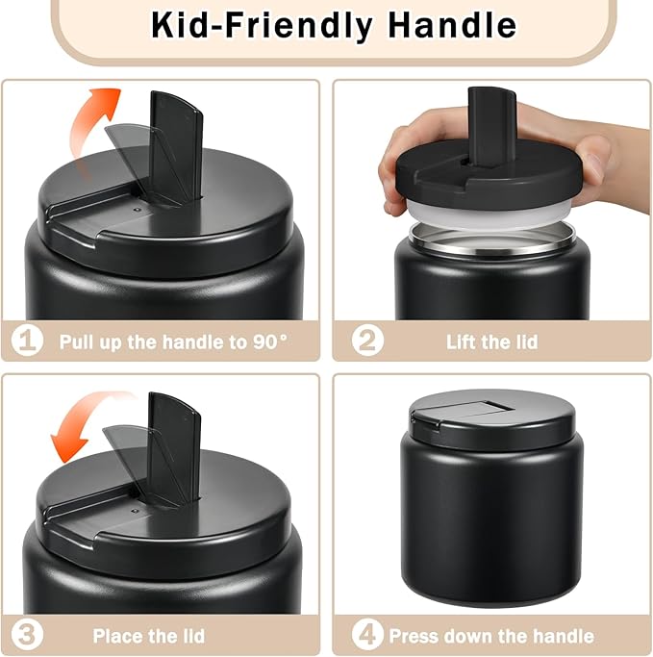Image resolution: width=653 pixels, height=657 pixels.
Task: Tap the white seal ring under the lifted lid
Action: (x=490, y=214)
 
